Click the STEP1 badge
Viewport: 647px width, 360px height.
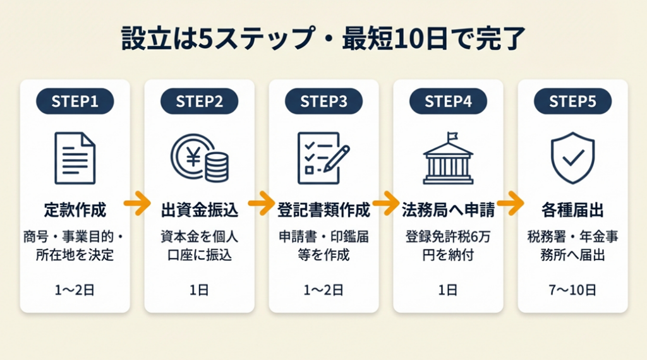coord(75,101)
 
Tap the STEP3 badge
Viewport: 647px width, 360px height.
coord(323,101)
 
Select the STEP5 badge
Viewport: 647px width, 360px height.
coord(572,101)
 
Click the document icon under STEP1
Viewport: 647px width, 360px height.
coord(75,157)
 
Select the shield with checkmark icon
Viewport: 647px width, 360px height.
coord(572,157)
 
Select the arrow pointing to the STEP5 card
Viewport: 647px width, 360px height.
coord(510,203)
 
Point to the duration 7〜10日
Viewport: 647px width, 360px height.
coord(572,290)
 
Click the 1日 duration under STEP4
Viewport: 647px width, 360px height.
coord(448,290)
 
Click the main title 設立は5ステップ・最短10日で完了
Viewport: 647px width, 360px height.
coord(323,40)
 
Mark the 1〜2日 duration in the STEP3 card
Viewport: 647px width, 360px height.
coord(323,290)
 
